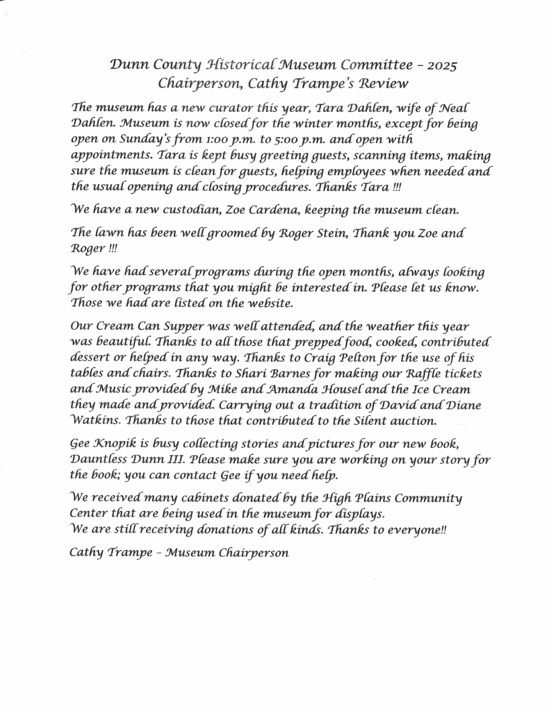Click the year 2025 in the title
441,66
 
